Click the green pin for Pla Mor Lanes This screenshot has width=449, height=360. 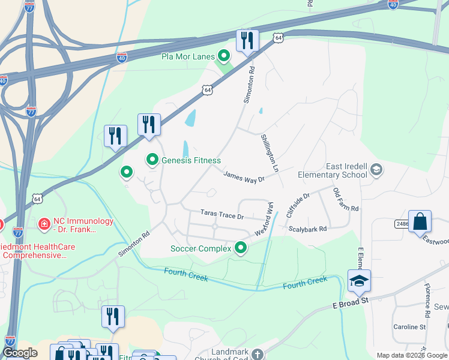tap(224, 57)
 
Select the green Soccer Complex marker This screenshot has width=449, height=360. tap(241, 248)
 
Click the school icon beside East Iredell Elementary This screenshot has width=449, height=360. tap(376, 170)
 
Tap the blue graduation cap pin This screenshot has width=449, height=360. tap(359, 281)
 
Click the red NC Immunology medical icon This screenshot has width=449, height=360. tap(44, 225)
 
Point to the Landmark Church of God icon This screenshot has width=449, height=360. tap(258, 353)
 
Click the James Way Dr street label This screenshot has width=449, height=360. tap(244, 176)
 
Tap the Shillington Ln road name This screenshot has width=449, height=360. tap(270, 153)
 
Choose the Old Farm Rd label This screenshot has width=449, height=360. tap(346, 200)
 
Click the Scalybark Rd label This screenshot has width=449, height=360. tap(307, 229)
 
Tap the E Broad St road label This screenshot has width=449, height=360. tap(351, 304)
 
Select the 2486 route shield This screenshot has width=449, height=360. tap(402, 223)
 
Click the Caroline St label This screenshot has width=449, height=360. tap(409, 327)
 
